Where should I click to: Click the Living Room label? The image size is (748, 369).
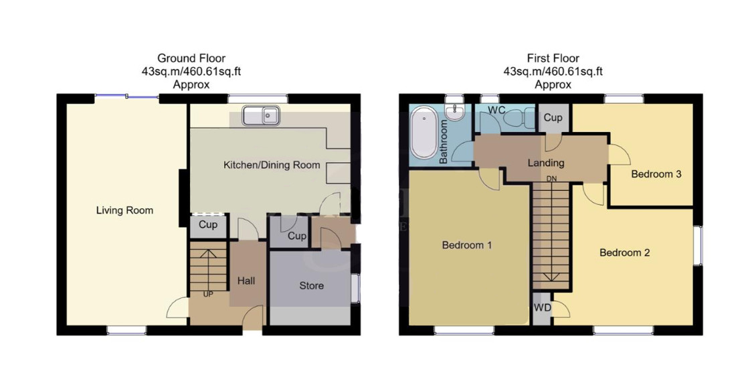pyautogui.click(x=124, y=210)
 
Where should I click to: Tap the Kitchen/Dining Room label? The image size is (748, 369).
pyautogui.click(x=272, y=165)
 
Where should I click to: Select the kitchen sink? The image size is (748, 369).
pyautogui.click(x=261, y=116)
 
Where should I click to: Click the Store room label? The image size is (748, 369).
pyautogui.click(x=312, y=286)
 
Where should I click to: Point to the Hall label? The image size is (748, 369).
pyautogui.click(x=246, y=281)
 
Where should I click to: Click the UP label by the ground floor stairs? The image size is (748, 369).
pyautogui.click(x=208, y=295)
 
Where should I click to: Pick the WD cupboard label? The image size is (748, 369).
pyautogui.click(x=543, y=308)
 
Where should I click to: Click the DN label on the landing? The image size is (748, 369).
pyautogui.click(x=551, y=179)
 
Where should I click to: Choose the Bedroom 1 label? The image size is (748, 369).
pyautogui.click(x=466, y=245)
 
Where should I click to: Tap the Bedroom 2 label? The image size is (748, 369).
pyautogui.click(x=624, y=252)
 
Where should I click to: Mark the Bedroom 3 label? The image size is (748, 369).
pyautogui.click(x=656, y=174)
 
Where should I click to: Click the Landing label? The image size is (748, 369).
pyautogui.click(x=546, y=163)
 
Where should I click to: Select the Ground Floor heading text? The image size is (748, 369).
pyautogui.click(x=191, y=58)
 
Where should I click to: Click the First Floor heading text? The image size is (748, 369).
pyautogui.click(x=553, y=58)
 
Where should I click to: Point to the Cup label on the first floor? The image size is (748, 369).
pyautogui.click(x=553, y=117)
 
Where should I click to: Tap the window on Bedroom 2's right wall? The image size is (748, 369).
pyautogui.click(x=697, y=245)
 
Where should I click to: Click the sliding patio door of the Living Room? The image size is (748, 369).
pyautogui.click(x=126, y=97)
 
